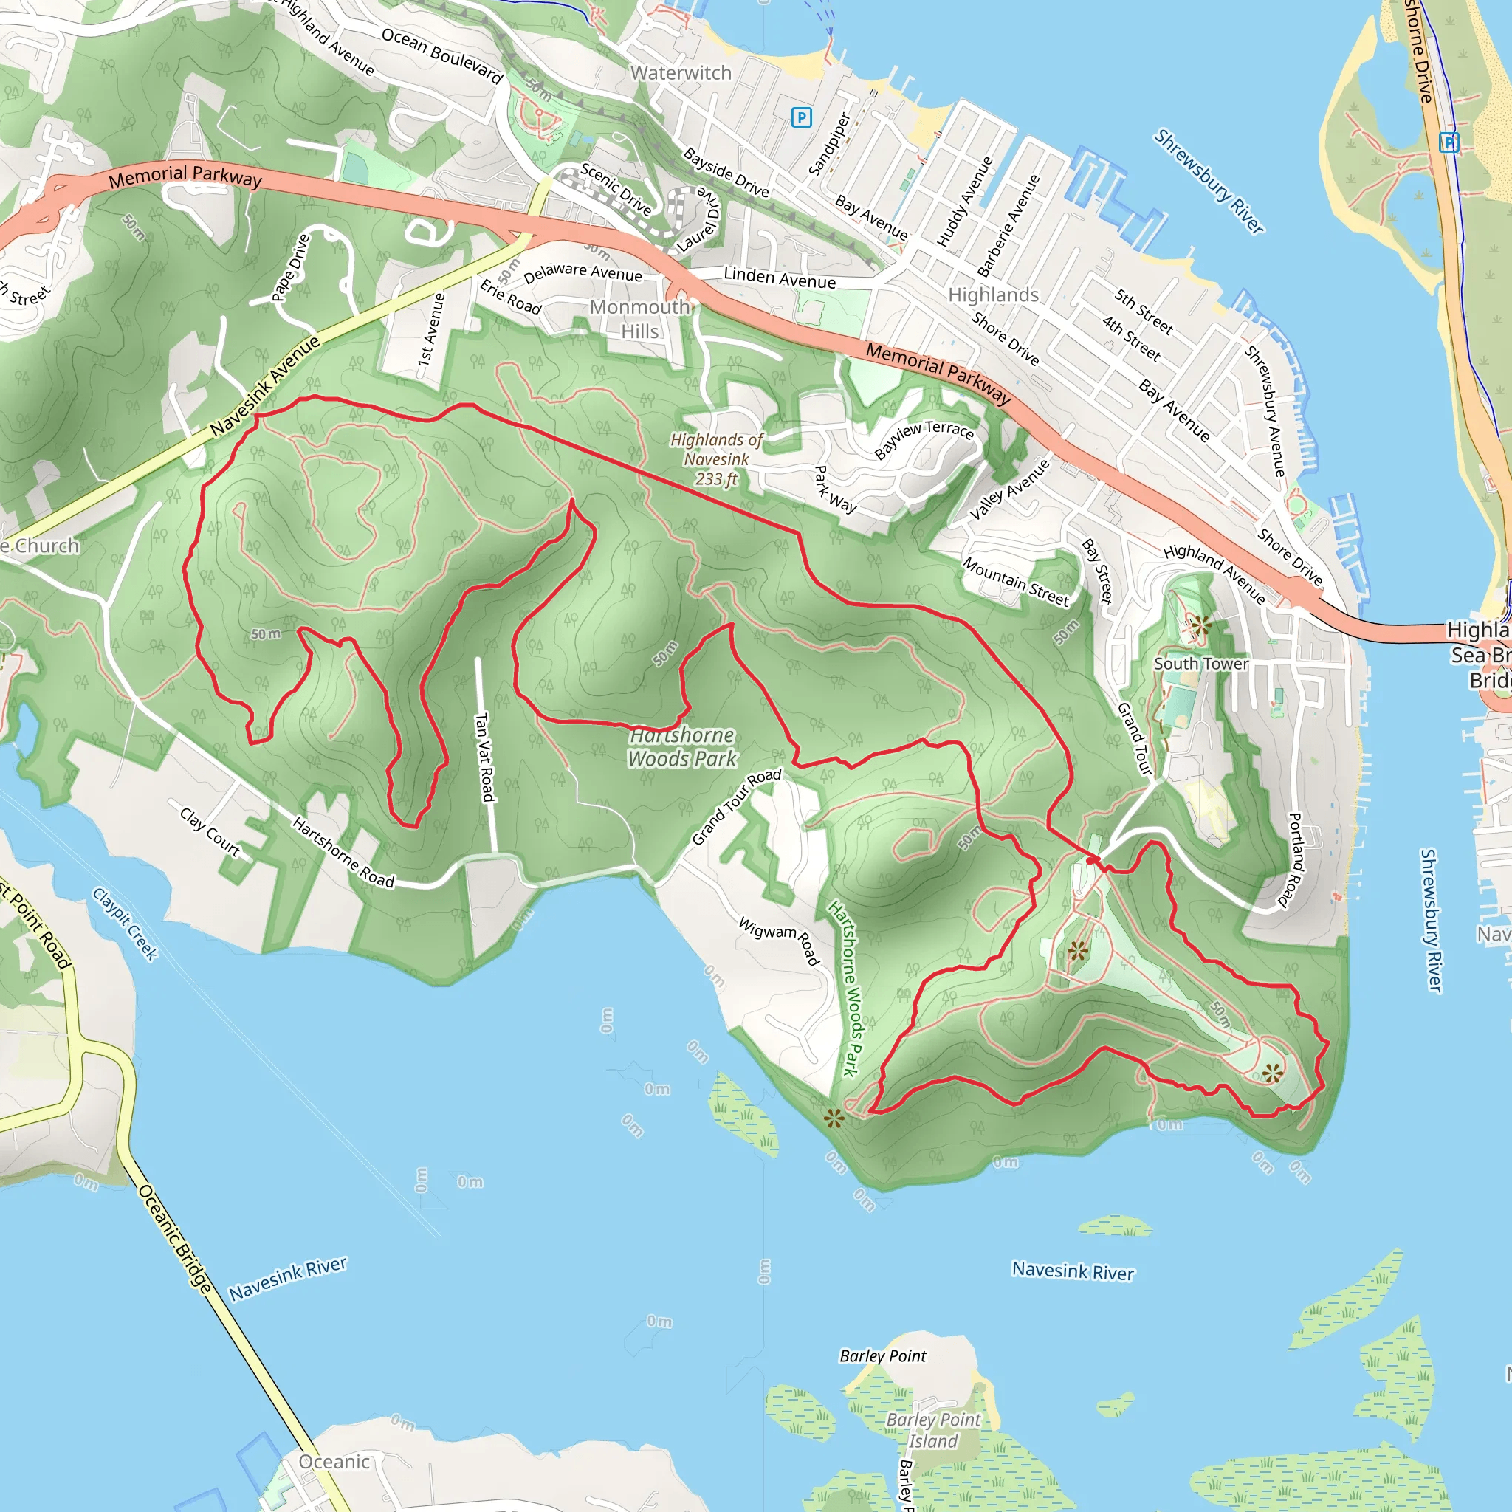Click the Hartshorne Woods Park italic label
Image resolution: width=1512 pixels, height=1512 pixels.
[682, 746]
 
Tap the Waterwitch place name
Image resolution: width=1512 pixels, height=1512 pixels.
[681, 73]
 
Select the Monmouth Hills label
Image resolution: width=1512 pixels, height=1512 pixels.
[640, 318]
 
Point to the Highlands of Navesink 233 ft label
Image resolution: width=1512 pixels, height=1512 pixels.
[716, 459]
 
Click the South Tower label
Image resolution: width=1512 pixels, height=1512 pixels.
[1200, 664]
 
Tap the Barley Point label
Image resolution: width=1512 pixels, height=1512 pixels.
[883, 1355]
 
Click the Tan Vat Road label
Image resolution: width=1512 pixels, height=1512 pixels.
[485, 757]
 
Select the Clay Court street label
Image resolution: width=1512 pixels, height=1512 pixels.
[210, 831]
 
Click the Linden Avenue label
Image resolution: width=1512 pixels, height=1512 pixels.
[780, 278]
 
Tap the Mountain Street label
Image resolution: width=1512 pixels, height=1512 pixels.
[1015, 582]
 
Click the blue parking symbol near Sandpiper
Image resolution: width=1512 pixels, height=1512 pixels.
[801, 117]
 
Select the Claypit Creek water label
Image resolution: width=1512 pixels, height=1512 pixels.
[126, 924]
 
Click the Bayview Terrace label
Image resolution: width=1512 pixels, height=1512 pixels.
[924, 440]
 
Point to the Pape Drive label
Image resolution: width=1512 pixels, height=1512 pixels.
[290, 268]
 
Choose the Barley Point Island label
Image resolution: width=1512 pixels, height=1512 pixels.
[933, 1430]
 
